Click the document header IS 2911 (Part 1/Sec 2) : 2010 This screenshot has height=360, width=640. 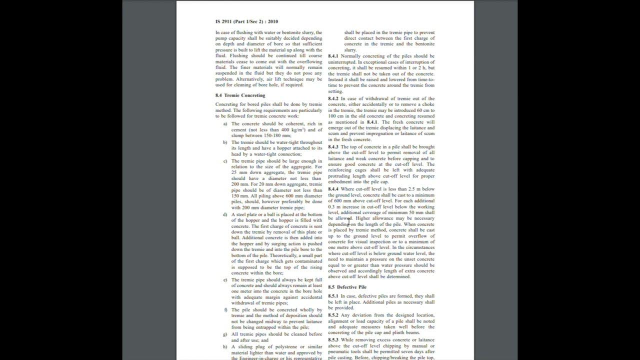click(246, 21)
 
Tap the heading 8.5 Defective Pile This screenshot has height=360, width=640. click(347, 287)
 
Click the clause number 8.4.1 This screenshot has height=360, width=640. click(333, 56)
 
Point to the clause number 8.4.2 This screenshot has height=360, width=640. click(333, 98)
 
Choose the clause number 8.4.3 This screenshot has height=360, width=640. click(333, 147)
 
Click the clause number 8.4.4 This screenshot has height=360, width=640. click(333, 189)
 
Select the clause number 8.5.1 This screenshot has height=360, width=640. click(333, 296)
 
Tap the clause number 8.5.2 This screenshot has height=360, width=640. click(333, 314)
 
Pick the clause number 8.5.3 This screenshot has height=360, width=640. click(333, 339)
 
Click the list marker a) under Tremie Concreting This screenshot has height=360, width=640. click(225, 123)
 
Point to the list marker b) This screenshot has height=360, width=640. click(225, 142)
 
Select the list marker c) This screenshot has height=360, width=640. click(225, 161)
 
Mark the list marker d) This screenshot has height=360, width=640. click(225, 214)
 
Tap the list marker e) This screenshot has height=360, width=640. click(225, 279)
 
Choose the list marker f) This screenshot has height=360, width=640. click(225, 309)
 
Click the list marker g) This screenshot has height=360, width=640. click(225, 334)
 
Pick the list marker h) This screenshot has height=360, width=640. click(225, 346)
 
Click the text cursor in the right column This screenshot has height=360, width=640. click(349, 221)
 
